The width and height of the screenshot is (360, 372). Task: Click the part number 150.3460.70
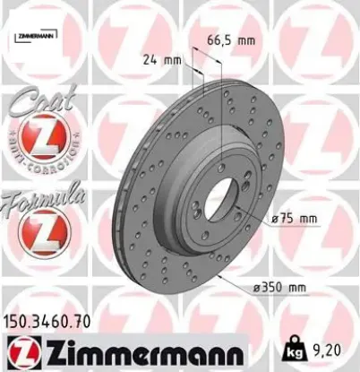click(51, 319)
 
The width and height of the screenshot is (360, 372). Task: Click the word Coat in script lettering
click(38, 104)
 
